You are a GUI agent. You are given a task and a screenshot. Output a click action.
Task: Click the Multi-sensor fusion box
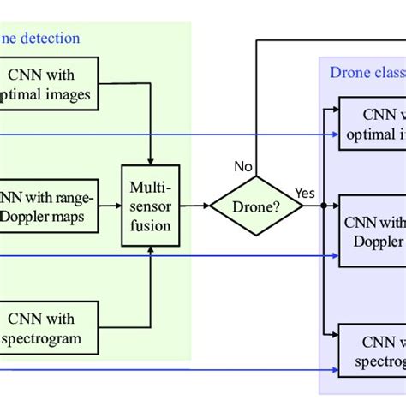coord(151,205)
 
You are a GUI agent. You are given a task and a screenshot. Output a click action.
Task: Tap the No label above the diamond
coord(242,167)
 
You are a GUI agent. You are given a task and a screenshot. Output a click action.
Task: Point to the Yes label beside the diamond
coord(304,193)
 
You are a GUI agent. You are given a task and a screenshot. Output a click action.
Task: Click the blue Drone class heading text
coord(367,72)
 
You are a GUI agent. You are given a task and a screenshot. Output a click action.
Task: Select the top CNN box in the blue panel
coord(373,123)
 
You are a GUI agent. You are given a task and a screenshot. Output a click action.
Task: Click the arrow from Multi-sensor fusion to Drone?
coord(194,206)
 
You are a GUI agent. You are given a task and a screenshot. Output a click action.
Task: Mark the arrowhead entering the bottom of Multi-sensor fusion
coord(151,251)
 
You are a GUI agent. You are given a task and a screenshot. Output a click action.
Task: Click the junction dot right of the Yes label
coord(322,206)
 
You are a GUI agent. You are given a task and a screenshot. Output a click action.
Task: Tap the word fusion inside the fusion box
coord(151,225)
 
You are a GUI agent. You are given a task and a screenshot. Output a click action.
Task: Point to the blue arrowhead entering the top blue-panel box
coord(335,134)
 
